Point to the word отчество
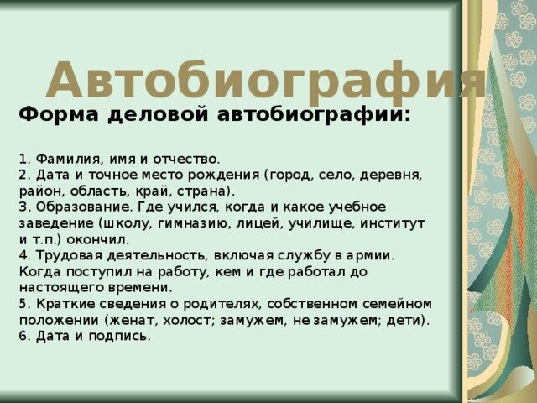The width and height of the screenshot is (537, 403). pyautogui.click(x=185, y=160)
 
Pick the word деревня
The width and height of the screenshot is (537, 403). pyautogui.click(x=390, y=175)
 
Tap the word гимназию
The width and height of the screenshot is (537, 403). pyautogui.click(x=193, y=224)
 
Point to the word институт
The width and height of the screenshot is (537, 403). pyautogui.click(x=393, y=224)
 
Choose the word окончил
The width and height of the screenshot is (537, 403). pyautogui.click(x=97, y=240)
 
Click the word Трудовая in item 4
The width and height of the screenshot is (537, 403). pyautogui.click(x=70, y=256)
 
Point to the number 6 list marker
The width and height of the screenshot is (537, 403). pyautogui.click(x=23, y=337)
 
